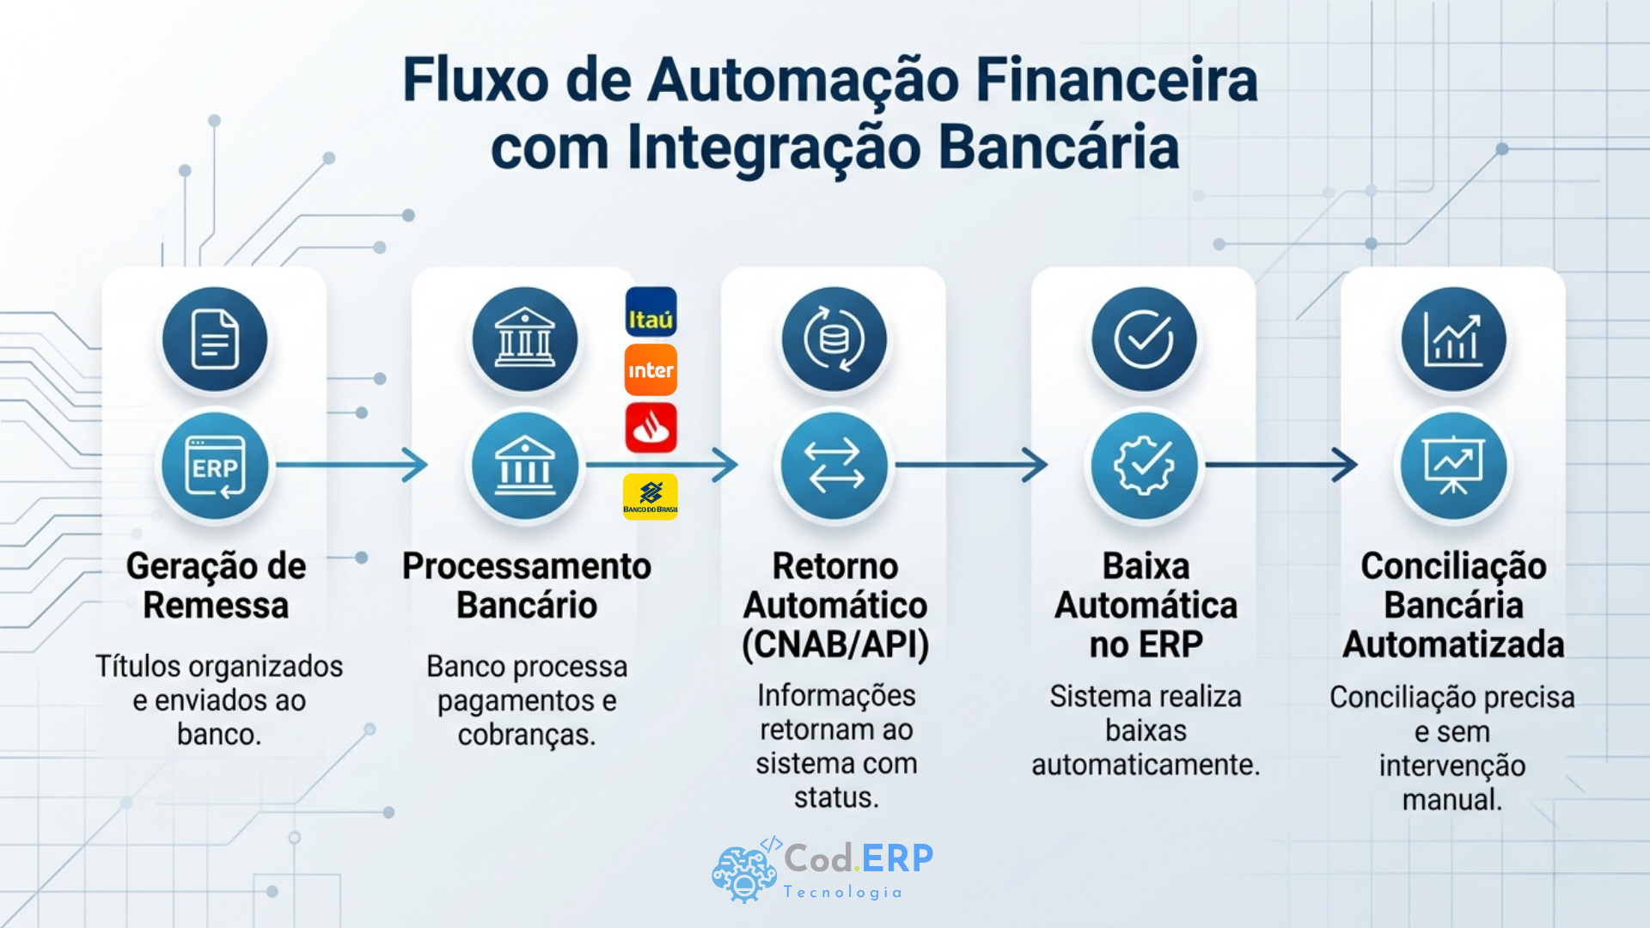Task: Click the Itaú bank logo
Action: coord(651,312)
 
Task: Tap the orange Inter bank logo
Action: coord(651,370)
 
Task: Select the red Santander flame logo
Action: coord(651,428)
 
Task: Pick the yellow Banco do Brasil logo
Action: coord(651,497)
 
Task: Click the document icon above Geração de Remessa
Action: coord(215,339)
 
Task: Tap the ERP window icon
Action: coord(215,466)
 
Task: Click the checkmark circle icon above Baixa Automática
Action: coord(1144,339)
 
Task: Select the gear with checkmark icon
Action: coord(1144,466)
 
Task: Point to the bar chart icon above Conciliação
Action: coord(1453,339)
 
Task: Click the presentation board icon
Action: coord(1453,466)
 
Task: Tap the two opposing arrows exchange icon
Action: coord(834,466)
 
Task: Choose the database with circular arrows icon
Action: coord(834,339)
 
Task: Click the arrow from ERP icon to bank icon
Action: coord(351,465)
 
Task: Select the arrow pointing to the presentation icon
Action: coord(1281,465)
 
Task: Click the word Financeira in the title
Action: coord(1116,80)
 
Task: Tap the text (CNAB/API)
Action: coord(835,644)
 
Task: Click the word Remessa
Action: coord(216,605)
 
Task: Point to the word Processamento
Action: coord(527,566)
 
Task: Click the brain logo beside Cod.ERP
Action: coord(745,871)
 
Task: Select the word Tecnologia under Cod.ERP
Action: coord(843,892)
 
